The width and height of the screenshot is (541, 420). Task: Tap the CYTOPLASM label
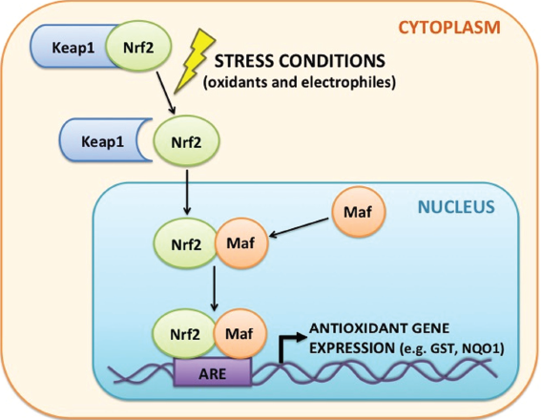point(449,28)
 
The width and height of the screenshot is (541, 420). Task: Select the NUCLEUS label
point(456,207)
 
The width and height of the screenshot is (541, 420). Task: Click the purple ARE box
point(212,372)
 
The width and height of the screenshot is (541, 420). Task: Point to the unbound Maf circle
point(359,212)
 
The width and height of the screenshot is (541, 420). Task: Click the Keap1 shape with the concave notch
point(103,140)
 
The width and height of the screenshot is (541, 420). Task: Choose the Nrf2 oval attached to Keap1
point(138,46)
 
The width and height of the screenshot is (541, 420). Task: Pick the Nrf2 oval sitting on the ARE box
point(184,334)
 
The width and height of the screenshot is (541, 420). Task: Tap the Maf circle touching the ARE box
point(239,333)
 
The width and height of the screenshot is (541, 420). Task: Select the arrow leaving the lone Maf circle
point(299,227)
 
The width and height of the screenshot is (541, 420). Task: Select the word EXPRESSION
point(352,348)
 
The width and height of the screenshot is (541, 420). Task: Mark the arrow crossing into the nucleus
point(187,192)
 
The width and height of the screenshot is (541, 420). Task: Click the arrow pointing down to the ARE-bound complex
point(215,288)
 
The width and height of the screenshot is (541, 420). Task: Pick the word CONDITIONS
point(332,61)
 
